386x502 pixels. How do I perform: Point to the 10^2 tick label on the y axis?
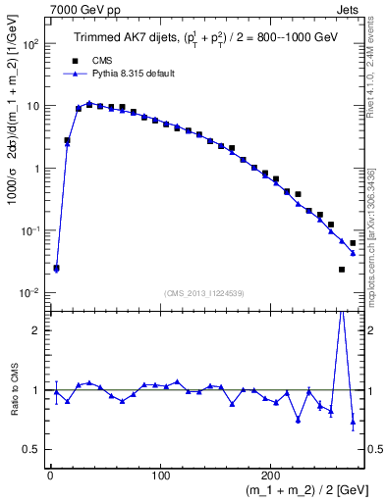32,44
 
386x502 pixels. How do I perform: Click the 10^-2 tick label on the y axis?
31,293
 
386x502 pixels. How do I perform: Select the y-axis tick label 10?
34,106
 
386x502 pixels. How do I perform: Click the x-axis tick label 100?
160,476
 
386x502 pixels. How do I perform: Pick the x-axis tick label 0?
50,476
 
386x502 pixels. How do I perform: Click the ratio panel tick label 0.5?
32,449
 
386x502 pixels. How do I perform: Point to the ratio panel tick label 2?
37,330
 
